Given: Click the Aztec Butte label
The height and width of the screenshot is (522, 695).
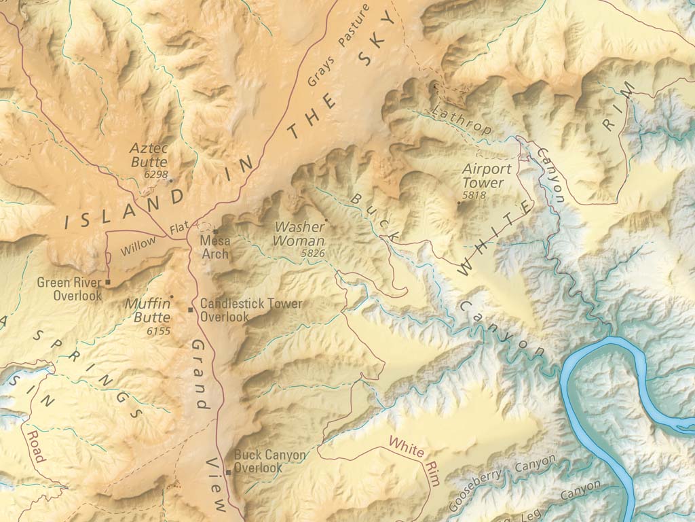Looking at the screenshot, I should (149, 154).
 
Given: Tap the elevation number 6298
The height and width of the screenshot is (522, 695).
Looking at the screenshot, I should (155, 175).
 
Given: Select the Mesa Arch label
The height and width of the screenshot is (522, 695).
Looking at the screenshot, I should (215, 247).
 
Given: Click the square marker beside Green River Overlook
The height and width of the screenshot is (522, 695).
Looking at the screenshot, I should (108, 281).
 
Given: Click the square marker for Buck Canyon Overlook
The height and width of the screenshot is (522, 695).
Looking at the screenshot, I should (229, 472).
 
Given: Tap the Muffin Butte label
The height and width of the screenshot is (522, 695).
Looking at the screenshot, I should (147, 311).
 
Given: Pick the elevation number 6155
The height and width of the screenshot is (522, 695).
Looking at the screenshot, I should (157, 331).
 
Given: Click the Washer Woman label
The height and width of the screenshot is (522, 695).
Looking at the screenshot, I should (299, 234).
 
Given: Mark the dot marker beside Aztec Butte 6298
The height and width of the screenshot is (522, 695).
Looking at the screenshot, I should (170, 180).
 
